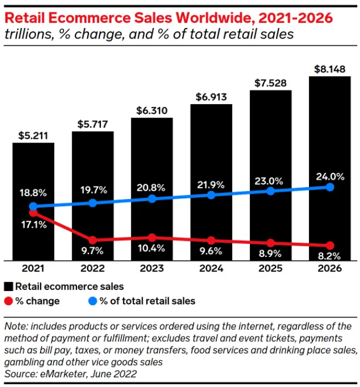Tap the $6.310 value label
point(152,110)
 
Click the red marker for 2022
point(92,240)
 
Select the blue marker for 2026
point(330,187)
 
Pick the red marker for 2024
point(211,240)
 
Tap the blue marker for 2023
point(152,199)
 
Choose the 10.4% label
point(151,251)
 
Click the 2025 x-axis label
point(271,269)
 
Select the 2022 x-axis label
point(92,269)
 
